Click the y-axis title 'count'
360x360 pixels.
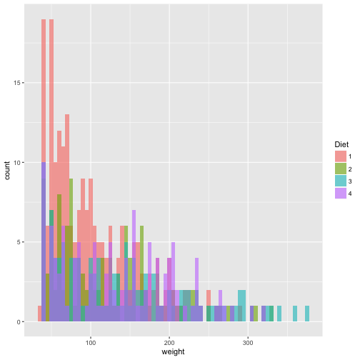pos(7,171)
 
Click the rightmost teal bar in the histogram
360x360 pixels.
pos(307,314)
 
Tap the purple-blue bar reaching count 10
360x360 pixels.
pos(44,243)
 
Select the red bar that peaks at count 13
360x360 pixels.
pos(67,214)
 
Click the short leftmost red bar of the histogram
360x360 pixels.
pos(39,314)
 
